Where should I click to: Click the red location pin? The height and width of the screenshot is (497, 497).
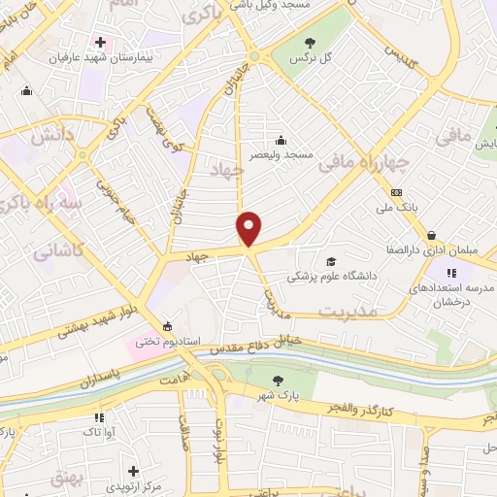(x=249, y=227)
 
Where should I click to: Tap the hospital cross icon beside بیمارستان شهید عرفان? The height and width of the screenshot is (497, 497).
(x=100, y=42)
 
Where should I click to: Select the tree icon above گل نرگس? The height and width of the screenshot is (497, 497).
(x=311, y=42)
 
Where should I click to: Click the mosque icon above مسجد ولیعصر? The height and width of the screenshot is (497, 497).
(x=281, y=139)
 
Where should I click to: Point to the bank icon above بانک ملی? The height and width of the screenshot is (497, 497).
(x=396, y=192)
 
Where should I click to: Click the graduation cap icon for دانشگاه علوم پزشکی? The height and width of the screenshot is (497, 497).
(x=330, y=261)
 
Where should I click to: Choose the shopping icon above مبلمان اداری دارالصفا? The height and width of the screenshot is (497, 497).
(x=430, y=235)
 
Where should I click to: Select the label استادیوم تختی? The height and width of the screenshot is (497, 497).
(x=167, y=341)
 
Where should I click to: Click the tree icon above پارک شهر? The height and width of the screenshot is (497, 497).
(x=280, y=380)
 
